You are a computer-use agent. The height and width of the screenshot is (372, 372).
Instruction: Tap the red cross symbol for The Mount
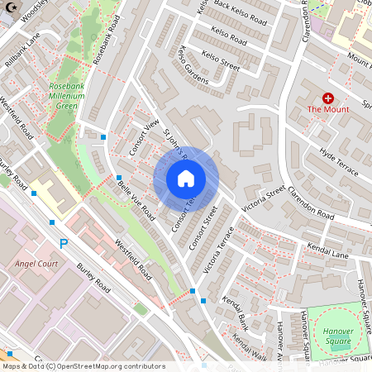327,98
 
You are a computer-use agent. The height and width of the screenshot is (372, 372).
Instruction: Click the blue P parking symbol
64,243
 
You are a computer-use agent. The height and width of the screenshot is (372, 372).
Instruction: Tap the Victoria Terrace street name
214,251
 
